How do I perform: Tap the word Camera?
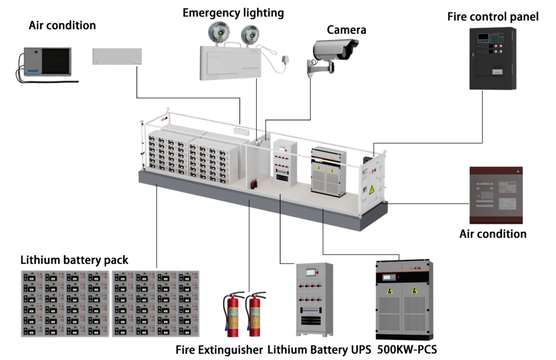(346, 30)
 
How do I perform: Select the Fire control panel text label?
(492, 17)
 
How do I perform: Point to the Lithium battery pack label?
(74, 260)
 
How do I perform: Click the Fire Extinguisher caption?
(219, 349)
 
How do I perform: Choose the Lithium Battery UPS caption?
(319, 349)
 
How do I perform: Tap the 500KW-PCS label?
(407, 349)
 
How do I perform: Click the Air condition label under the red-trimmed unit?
(492, 234)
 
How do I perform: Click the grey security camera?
(334, 52)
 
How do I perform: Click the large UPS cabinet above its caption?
(314, 300)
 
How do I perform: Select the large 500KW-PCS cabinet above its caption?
(405, 300)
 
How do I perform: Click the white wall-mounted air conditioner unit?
(117, 56)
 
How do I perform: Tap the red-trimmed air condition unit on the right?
(496, 195)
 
